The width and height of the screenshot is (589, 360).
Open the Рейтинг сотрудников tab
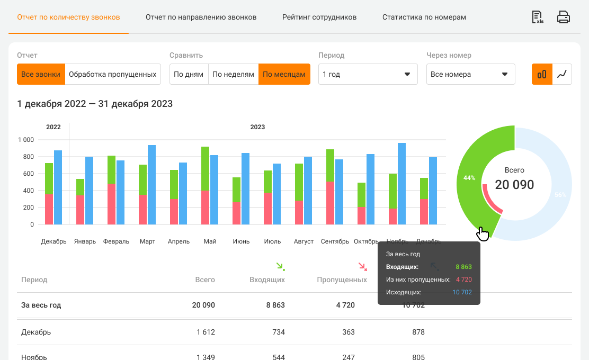(x=319, y=17)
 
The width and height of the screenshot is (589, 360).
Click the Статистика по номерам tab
(x=424, y=17)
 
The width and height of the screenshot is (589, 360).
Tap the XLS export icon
(x=538, y=17)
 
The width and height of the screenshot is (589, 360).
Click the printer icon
(x=563, y=17)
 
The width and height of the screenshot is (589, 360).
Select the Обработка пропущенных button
(x=113, y=74)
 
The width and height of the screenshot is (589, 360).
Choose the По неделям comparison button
(x=233, y=74)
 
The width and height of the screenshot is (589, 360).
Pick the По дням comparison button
(x=189, y=74)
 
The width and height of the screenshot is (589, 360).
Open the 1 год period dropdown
(x=368, y=74)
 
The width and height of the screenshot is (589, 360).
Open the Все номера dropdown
(x=470, y=74)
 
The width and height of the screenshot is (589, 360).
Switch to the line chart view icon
(x=562, y=74)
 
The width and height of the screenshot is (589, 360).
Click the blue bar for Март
(x=152, y=184)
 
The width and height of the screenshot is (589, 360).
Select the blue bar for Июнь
(x=246, y=188)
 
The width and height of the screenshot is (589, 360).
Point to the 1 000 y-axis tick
(x=25, y=140)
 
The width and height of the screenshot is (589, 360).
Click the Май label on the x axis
(x=210, y=241)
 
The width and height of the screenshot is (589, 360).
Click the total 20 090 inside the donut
(x=514, y=185)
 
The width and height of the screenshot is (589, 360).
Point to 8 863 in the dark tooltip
(x=463, y=267)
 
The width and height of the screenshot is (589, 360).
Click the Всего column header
(x=205, y=280)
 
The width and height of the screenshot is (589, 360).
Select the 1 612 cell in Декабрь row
(x=205, y=332)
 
